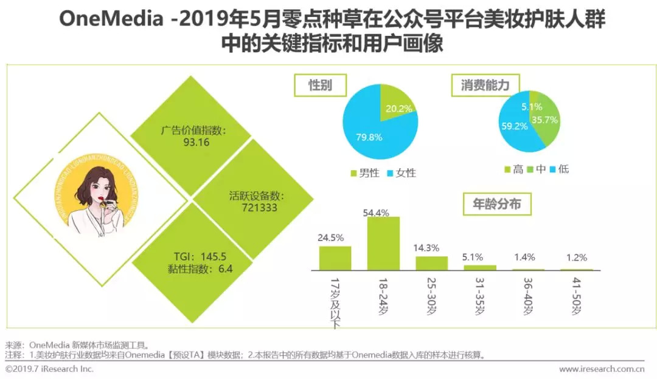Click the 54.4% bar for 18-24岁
pos(383,243)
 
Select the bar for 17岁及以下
pos(335,258)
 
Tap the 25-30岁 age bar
pos(432,262)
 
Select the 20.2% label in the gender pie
pos(398,108)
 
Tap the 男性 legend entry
pos(365,172)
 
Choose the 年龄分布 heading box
pos(497,205)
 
